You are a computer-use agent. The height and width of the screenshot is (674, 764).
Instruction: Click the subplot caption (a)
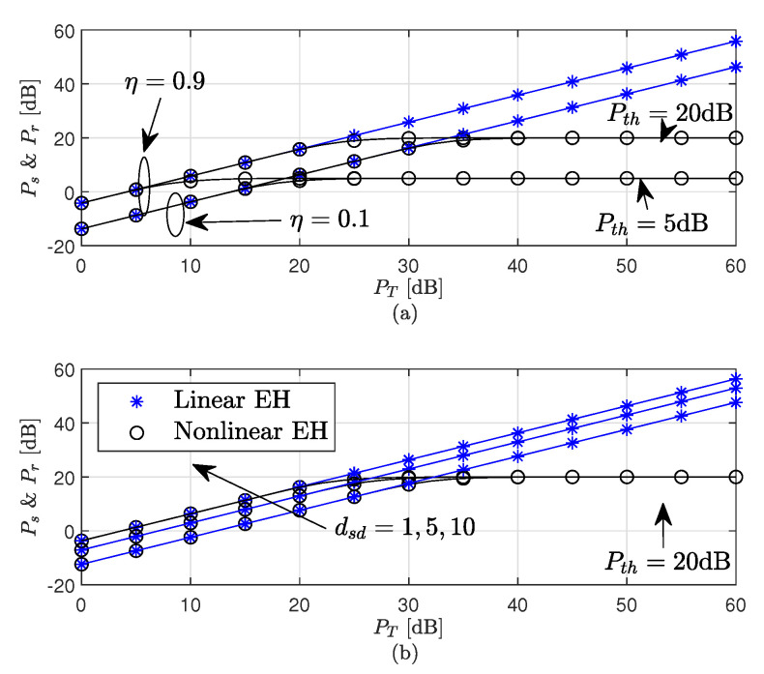[406, 312]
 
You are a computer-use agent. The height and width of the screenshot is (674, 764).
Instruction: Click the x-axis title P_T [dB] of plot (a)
[406, 287]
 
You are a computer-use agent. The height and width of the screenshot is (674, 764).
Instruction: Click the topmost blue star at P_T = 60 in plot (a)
[736, 41]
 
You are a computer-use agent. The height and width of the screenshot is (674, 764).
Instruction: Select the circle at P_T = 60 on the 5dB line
[736, 178]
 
